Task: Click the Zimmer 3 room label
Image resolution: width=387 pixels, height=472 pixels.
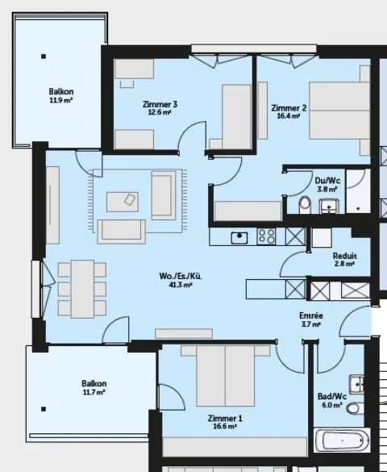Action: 160,104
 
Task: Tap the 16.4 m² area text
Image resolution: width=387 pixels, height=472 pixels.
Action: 288,116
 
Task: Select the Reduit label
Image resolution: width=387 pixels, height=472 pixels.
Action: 345,256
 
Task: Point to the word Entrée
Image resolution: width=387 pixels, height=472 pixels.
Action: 311,315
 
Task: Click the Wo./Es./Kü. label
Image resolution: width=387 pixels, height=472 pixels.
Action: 181,276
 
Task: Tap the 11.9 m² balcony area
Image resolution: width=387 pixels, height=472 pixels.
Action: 61,100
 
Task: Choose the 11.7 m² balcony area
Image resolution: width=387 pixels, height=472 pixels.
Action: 94,392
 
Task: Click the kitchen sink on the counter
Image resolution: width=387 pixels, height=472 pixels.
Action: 239,238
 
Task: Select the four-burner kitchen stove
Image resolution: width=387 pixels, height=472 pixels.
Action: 266,236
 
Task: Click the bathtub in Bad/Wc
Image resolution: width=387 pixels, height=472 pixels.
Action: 342,440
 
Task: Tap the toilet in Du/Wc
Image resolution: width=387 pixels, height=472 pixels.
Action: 305,205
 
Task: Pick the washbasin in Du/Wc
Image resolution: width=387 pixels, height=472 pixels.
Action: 329,206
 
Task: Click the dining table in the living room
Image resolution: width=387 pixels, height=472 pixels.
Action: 82,289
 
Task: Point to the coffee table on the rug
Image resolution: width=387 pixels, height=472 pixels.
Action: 123,202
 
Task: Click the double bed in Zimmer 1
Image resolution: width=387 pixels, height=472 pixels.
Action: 226,376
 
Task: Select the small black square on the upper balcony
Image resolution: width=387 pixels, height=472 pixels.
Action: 44,56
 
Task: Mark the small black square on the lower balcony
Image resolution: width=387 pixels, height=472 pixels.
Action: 44,409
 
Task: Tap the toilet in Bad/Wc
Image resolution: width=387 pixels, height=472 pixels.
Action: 355,408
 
